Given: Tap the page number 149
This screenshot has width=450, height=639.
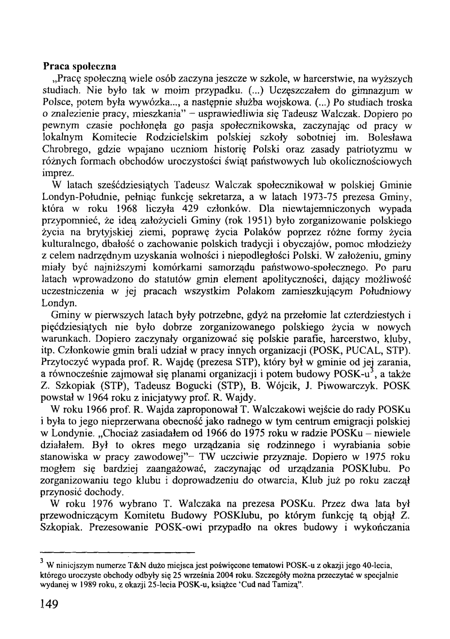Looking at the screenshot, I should [x=49, y=604].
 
